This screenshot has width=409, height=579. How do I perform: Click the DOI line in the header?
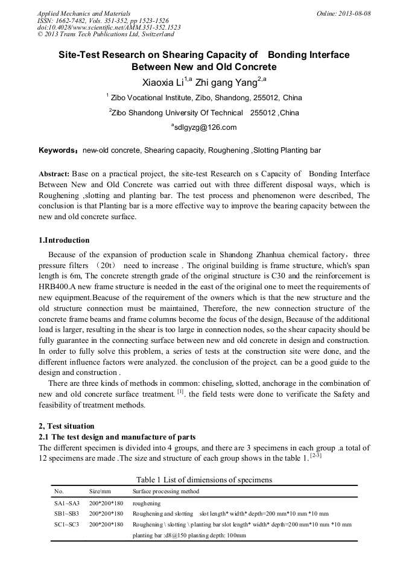[x=109, y=27]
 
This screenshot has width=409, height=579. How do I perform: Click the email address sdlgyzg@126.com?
[x=204, y=127]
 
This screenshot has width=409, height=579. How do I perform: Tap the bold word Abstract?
[x=54, y=174]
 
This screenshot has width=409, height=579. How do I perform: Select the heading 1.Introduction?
[x=64, y=240]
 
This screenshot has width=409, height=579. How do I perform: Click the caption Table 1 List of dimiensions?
[x=204, y=480]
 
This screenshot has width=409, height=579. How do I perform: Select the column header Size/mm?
[x=100, y=491]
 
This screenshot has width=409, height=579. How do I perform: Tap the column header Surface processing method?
[x=166, y=491]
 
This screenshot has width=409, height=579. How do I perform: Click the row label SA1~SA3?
[x=66, y=503]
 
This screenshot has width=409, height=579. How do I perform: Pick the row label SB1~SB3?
[x=66, y=514]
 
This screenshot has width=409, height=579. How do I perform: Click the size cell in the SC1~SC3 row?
[x=106, y=525]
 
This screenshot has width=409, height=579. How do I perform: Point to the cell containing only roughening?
[x=147, y=503]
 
